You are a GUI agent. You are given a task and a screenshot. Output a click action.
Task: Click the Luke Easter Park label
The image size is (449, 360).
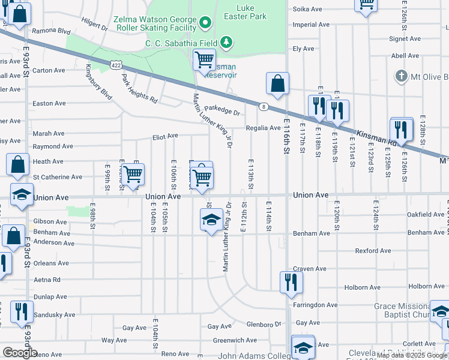tap(250, 12)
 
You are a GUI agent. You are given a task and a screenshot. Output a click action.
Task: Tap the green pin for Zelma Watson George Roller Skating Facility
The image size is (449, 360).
tap(205, 23)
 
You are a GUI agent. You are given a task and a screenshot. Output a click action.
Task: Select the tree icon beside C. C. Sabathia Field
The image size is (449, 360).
tap(226, 42)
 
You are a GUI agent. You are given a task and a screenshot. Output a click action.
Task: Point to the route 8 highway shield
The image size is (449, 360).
tap(264, 107)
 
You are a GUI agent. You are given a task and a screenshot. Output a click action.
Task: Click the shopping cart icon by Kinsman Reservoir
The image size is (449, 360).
tap(204, 60)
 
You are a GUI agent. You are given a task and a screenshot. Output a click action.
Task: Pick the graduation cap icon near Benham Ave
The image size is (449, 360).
tap(211, 220)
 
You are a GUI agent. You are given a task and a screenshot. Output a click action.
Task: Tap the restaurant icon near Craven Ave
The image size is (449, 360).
tap(291, 282)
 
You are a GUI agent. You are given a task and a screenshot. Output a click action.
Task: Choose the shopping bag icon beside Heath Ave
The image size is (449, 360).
tap(18, 164)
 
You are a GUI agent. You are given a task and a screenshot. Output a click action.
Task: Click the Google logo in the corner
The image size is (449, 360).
tap(20, 353)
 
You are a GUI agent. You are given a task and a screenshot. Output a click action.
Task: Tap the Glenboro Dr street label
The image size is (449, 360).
tap(264, 325)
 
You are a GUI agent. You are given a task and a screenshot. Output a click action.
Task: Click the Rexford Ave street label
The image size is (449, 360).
tap(372, 251)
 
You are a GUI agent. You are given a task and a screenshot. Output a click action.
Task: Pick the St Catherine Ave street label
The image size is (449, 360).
tap(58, 177)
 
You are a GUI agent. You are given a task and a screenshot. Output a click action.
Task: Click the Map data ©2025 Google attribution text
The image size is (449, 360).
tap(412, 355)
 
